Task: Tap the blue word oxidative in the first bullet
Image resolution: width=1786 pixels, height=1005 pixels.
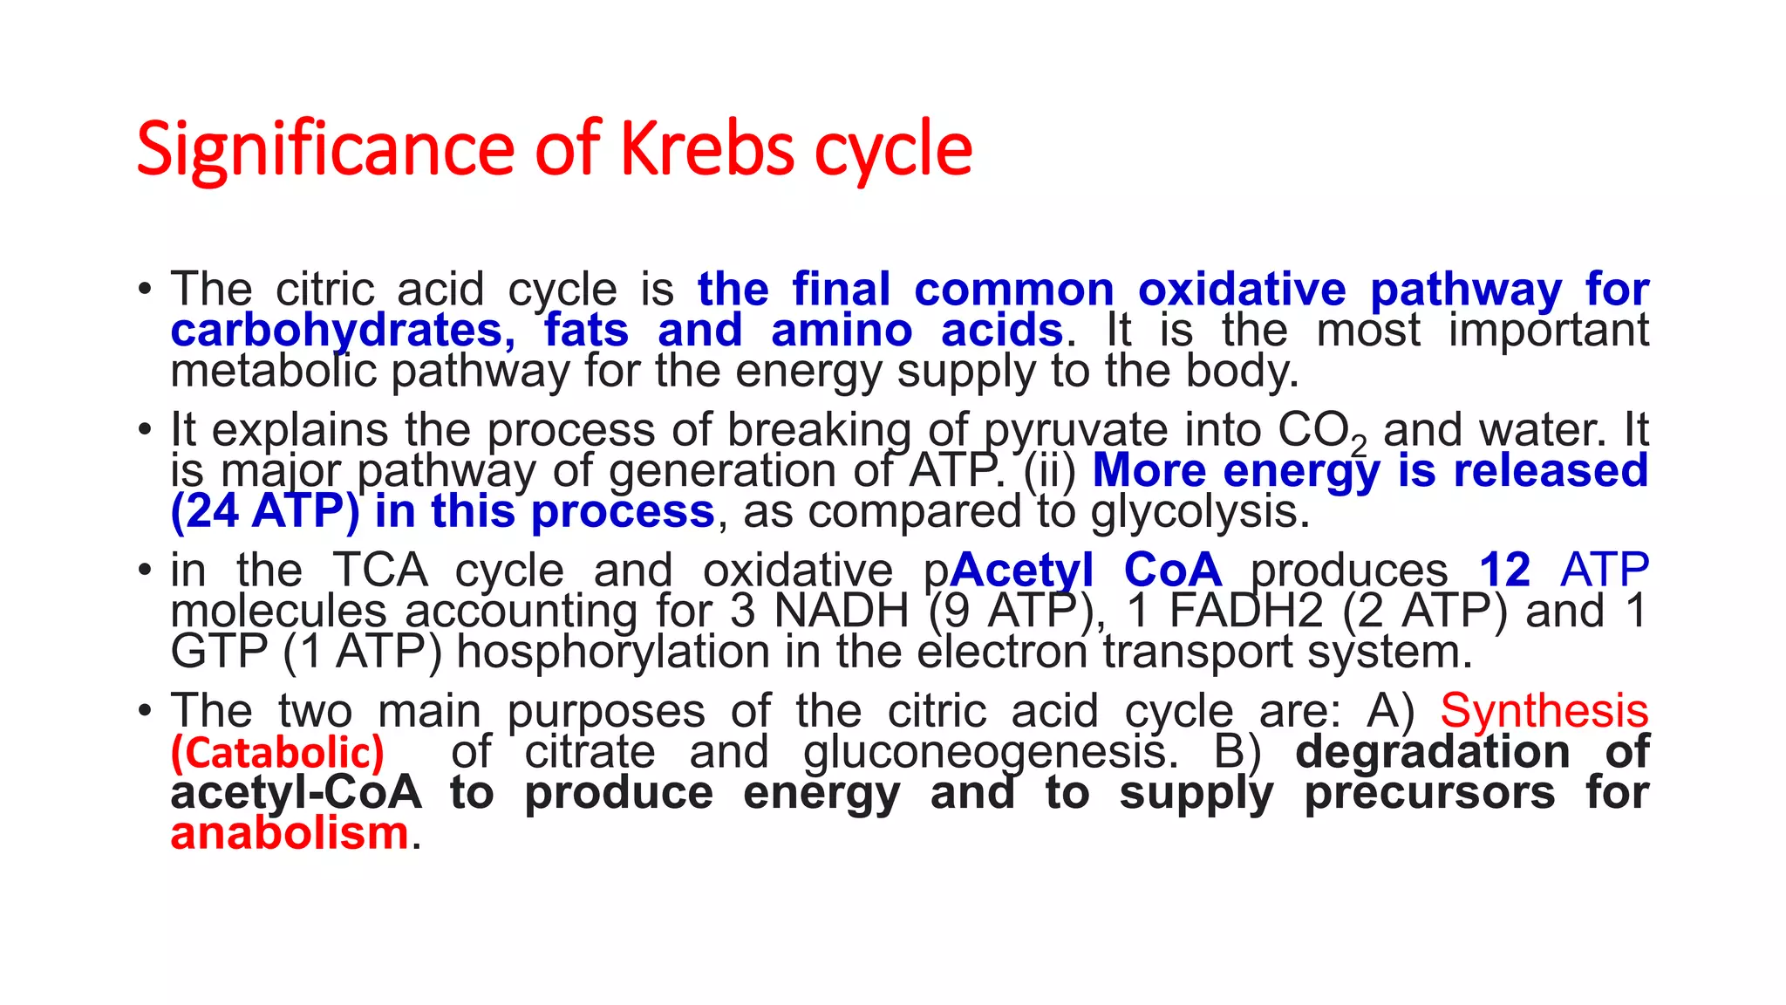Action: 1242,290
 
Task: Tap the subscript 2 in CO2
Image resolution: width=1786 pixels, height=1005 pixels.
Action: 1359,448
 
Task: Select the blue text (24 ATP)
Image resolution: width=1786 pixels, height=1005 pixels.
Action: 265,511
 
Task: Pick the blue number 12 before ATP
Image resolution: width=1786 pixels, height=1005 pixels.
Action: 1505,571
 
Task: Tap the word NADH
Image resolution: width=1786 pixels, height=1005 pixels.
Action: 842,611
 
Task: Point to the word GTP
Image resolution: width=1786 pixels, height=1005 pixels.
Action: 219,652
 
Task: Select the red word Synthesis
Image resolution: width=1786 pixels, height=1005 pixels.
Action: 1544,711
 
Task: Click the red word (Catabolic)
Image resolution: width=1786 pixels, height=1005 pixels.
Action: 277,753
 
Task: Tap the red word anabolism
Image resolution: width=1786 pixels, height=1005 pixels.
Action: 290,833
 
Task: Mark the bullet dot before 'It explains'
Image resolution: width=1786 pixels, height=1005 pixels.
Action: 145,430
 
